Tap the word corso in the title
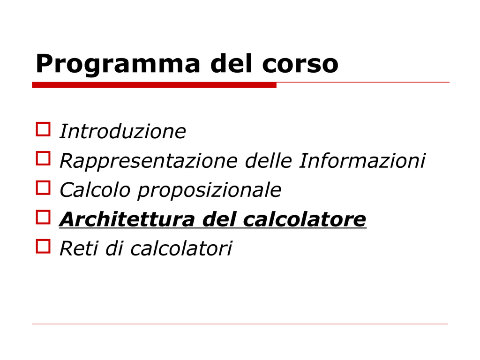pyautogui.click(x=300, y=64)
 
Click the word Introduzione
pyautogui.click(x=123, y=131)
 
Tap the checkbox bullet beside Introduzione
pyautogui.click(x=43, y=129)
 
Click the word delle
pyautogui.click(x=268, y=160)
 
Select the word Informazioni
pyautogui.click(x=362, y=160)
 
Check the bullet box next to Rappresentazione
pyautogui.click(x=43, y=158)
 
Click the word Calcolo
pyautogui.click(x=95, y=190)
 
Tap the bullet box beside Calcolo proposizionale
pyautogui.click(x=43, y=187)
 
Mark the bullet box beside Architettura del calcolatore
pyautogui.click(x=43, y=217)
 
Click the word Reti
pyautogui.click(x=79, y=248)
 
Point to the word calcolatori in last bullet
pyautogui.click(x=181, y=248)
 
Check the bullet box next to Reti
pyautogui.click(x=43, y=246)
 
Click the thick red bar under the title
pyautogui.click(x=154, y=85)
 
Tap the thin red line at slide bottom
pyautogui.click(x=240, y=324)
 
